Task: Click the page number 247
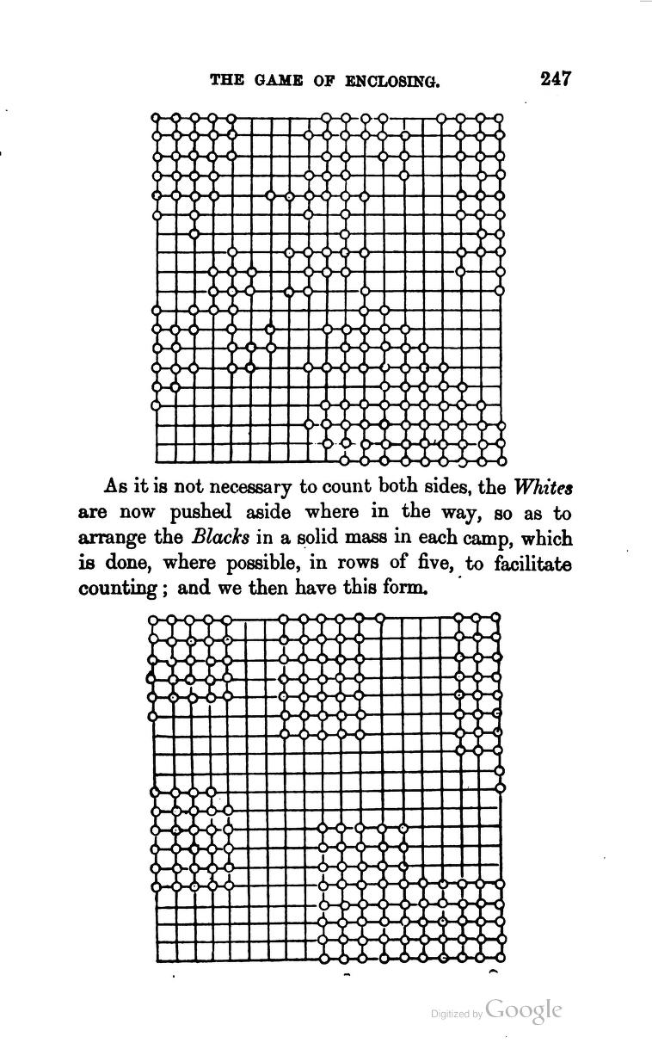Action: [556, 78]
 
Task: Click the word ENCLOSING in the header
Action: [393, 82]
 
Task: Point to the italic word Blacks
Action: [220, 539]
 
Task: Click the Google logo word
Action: [524, 1010]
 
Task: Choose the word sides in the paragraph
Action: [434, 486]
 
